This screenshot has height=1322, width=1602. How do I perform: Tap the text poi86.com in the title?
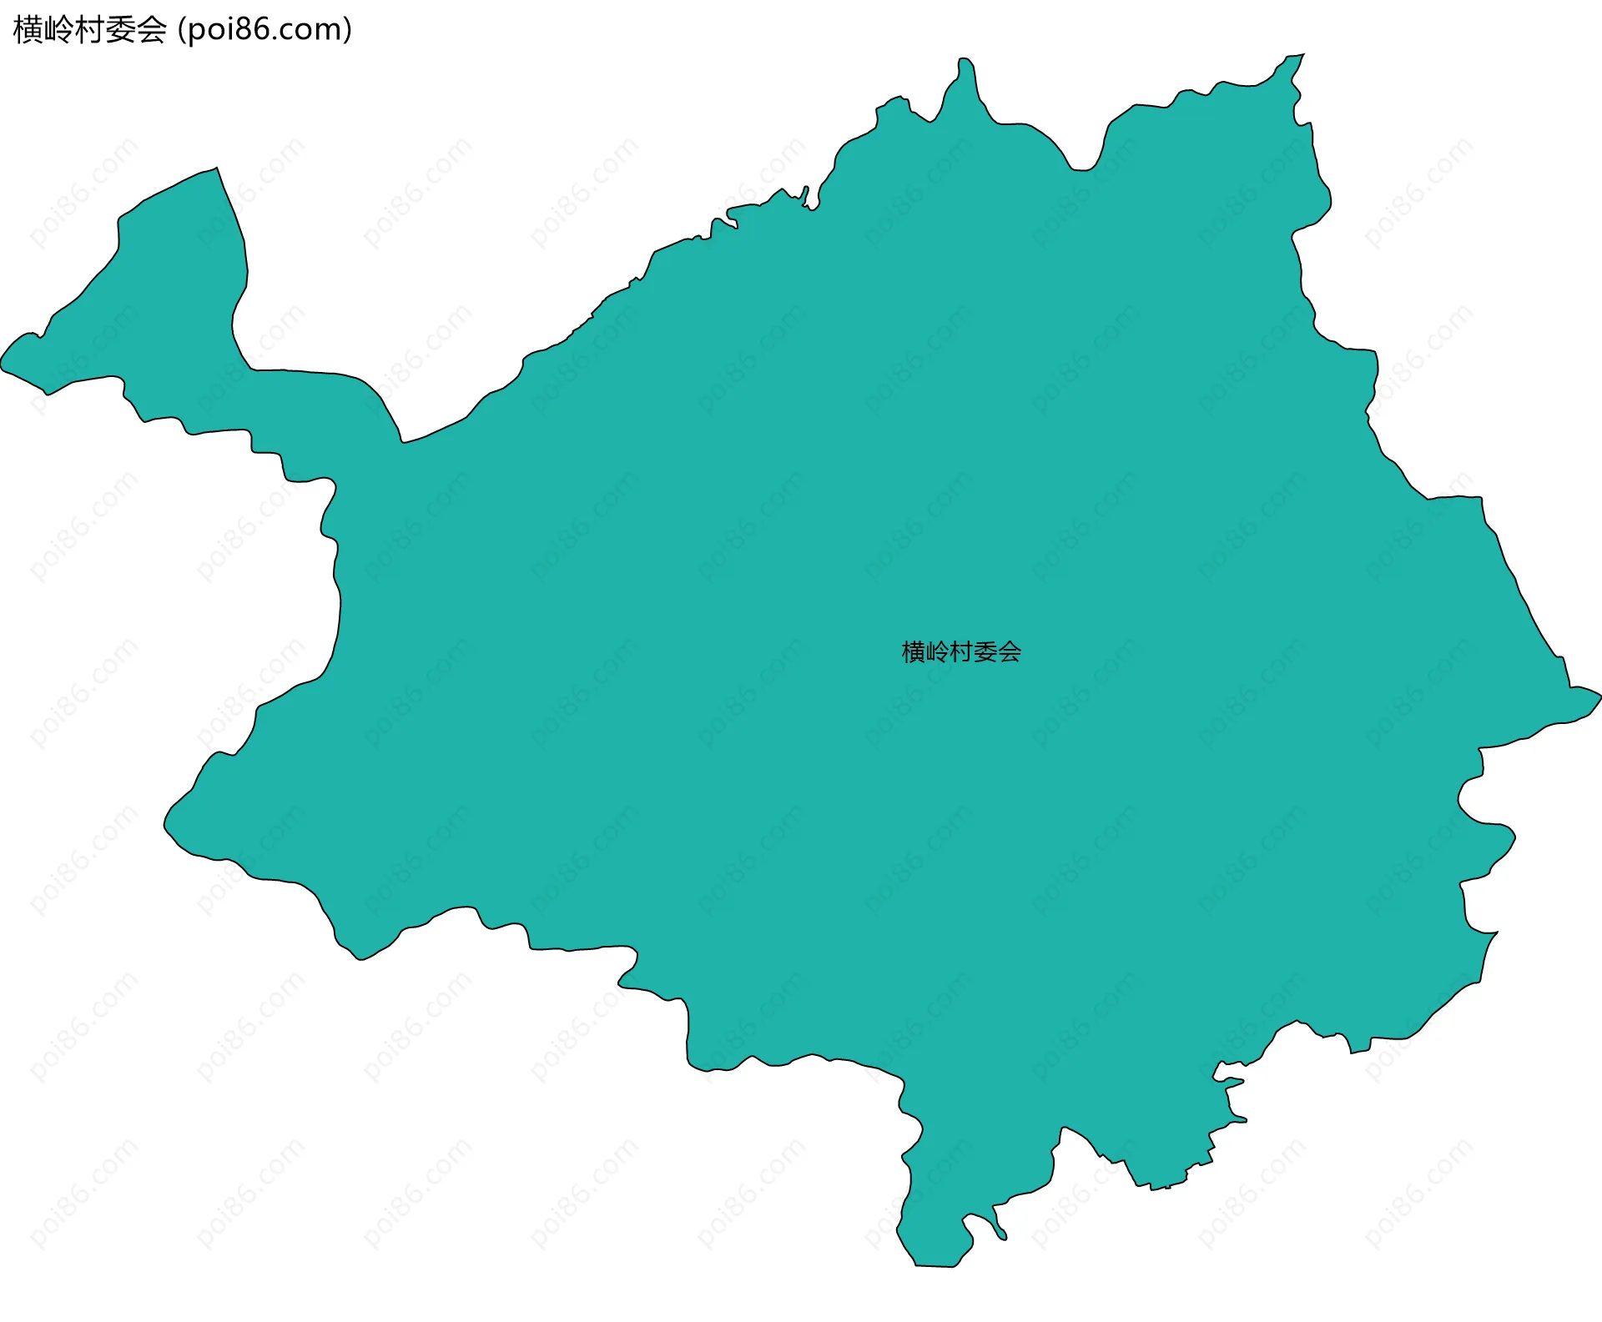pyautogui.click(x=264, y=30)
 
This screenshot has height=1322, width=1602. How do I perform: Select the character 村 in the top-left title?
pyautogui.click(x=90, y=30)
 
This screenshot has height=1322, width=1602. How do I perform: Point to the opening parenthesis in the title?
pyautogui.click(x=181, y=30)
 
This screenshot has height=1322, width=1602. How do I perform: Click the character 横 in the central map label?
pyautogui.click(x=913, y=652)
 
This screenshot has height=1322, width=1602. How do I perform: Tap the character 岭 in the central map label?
pyautogui.click(x=937, y=652)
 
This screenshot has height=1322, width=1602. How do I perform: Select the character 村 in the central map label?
pyautogui.click(x=961, y=652)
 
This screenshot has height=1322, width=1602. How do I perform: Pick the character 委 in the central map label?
pyautogui.click(x=985, y=652)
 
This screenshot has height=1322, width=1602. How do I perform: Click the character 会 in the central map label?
pyautogui.click(x=1010, y=652)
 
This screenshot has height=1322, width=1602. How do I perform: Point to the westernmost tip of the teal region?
pyautogui.click(x=3, y=364)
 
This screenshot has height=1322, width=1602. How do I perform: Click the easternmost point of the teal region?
pyautogui.click(x=1599, y=694)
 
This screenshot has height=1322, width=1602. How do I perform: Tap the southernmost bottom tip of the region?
pyautogui.click(x=934, y=1265)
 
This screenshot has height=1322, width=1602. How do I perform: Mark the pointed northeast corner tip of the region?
pyautogui.click(x=1302, y=56)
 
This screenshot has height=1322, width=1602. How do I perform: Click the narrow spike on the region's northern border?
pyautogui.click(x=965, y=61)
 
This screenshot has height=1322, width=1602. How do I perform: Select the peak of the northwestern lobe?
pyautogui.click(x=216, y=169)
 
